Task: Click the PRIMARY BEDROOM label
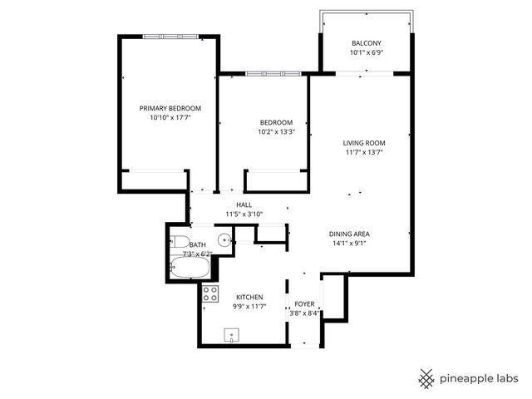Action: [170, 108]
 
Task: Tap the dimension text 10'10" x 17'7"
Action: [170, 118]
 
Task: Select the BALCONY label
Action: [366, 42]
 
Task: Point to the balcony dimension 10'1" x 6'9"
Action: [366, 52]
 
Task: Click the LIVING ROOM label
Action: [365, 143]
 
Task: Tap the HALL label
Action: [244, 204]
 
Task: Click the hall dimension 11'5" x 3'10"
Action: [244, 214]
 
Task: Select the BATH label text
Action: [198, 244]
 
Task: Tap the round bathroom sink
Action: [223, 240]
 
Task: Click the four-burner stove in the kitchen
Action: [210, 293]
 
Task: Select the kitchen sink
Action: [230, 335]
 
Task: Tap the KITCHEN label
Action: [249, 297]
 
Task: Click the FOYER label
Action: [305, 304]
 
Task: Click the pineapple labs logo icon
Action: [426, 377]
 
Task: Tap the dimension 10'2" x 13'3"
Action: [276, 131]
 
